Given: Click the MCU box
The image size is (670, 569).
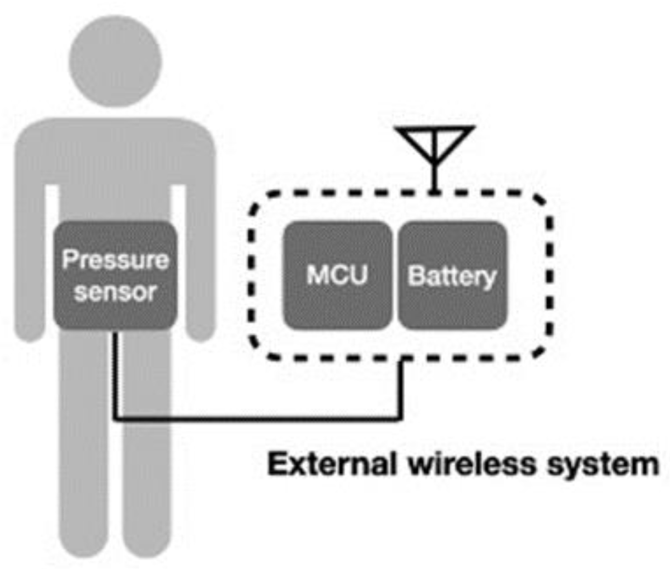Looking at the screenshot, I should coord(337,275).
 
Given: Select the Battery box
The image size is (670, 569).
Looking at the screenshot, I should coord(452,275).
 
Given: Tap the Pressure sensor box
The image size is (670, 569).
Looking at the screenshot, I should coord(115,275).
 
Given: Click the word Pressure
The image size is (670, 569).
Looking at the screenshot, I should coord(115,259).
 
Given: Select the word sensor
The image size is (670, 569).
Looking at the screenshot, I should coord(115,292).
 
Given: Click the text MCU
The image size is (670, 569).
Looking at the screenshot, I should coord(337,275).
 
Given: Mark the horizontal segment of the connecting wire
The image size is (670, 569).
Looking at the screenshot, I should coord(258,420).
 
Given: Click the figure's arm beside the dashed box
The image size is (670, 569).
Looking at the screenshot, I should coord(198,263).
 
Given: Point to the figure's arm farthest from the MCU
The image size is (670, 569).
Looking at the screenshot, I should coord(30,263).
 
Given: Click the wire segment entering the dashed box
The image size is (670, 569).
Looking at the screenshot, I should coord(403,389).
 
